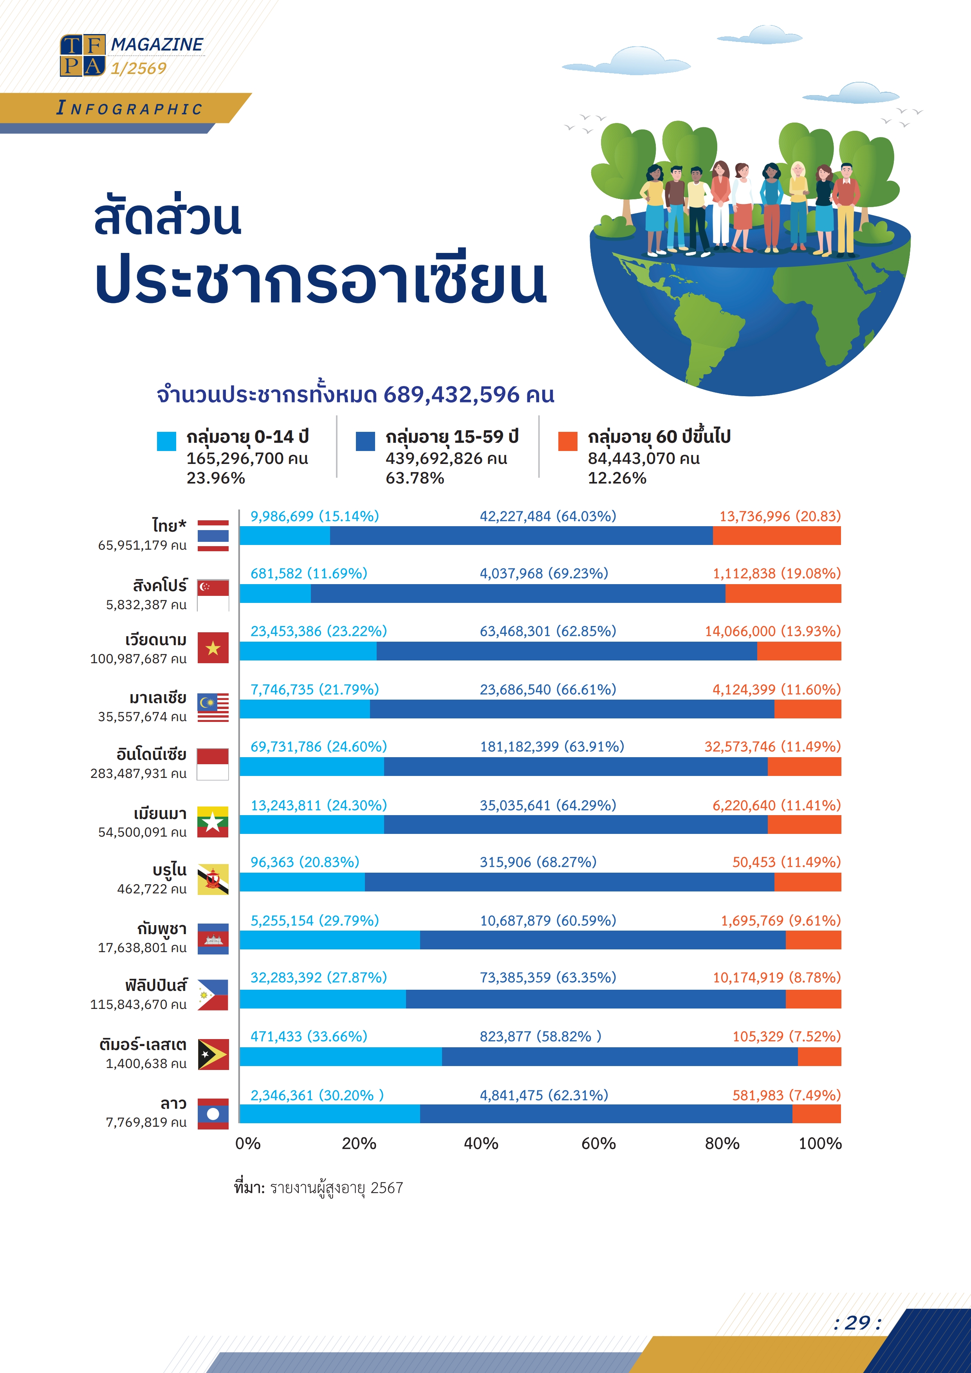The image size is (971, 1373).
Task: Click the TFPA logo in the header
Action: coord(83,56)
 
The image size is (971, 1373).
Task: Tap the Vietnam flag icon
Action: coord(213,648)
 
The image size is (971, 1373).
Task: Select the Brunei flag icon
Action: coord(213,879)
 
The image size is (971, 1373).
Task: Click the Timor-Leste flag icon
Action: coord(213,1054)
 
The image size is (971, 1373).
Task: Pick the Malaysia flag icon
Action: coord(213,707)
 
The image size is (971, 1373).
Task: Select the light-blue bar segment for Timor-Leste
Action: coord(341,1057)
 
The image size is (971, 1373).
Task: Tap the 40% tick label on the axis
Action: coord(481,1143)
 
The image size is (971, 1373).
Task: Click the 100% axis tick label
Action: coord(820,1143)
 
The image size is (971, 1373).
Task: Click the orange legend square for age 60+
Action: coord(567,441)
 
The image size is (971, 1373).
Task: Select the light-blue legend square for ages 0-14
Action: coord(166,441)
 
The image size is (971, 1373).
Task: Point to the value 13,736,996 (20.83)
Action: coord(780,516)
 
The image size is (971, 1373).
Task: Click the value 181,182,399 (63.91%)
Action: coord(551,746)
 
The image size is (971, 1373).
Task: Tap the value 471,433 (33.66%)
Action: coord(309,1036)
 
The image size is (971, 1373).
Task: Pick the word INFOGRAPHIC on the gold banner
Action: coord(129,108)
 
